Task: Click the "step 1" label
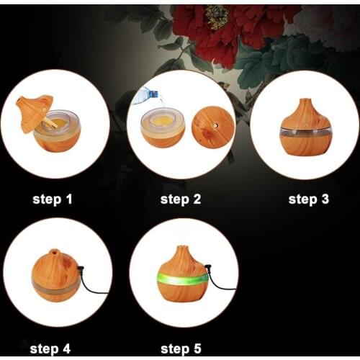point(53,199)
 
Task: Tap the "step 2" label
point(181,199)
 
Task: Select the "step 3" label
point(309,199)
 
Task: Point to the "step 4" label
point(50,348)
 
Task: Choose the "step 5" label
point(181,348)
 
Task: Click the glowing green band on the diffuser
point(182,279)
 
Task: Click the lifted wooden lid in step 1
point(34,112)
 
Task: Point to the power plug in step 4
point(81,269)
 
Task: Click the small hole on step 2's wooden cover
point(215,125)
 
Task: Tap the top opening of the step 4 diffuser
point(54,252)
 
